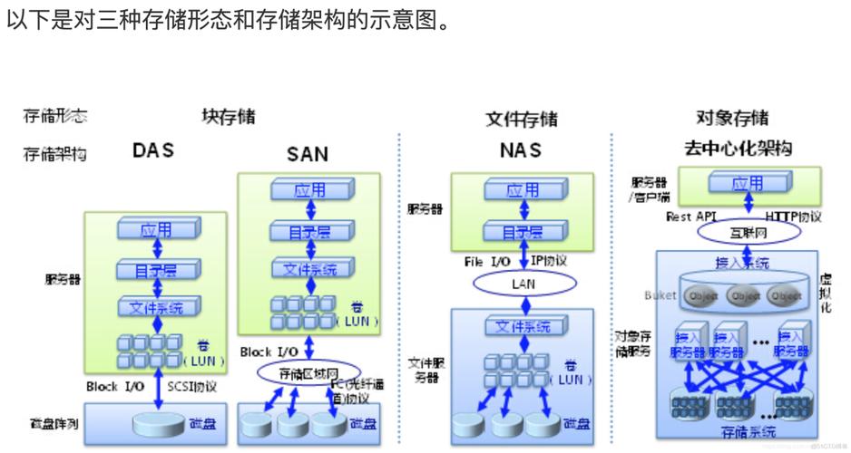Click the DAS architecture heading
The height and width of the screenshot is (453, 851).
[x=152, y=149]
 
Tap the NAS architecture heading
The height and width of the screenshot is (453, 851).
[x=520, y=149]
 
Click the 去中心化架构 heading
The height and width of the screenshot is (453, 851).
[x=737, y=148]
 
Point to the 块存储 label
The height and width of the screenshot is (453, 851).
[x=229, y=117]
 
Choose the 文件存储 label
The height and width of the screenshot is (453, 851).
[x=521, y=119]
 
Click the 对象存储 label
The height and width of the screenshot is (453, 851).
[x=731, y=118]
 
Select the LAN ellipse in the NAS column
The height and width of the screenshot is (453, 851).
[x=522, y=284]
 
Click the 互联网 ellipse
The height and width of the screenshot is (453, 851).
[x=748, y=233]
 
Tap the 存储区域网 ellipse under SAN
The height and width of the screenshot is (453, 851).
[x=308, y=371]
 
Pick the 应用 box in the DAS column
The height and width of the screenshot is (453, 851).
[x=156, y=230]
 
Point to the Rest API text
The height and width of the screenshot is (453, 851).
[x=691, y=217]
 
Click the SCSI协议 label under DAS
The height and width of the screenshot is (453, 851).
[x=192, y=386]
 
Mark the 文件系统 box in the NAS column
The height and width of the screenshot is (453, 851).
[x=522, y=325]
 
